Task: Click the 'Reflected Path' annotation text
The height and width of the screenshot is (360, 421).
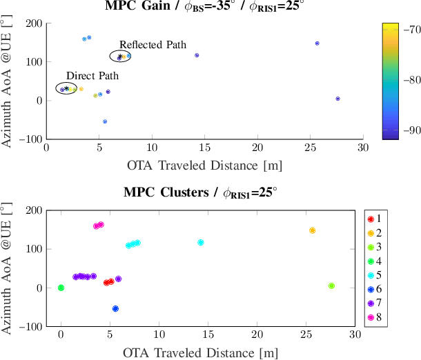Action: pos(153,45)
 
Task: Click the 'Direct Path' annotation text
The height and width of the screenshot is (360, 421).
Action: pos(88,76)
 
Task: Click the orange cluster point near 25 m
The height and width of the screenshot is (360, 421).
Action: pos(312,230)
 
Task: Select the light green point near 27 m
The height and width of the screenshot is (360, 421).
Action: pos(331,286)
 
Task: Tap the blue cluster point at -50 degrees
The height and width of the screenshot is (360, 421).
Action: pos(115,309)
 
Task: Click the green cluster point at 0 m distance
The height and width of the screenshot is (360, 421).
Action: pos(61,288)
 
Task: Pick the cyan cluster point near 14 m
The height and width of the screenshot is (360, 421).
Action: pos(201,243)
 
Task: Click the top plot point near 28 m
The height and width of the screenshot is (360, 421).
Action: pos(337,99)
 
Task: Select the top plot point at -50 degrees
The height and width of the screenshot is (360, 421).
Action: pos(105,121)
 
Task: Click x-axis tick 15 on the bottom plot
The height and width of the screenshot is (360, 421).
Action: pos(208,334)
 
